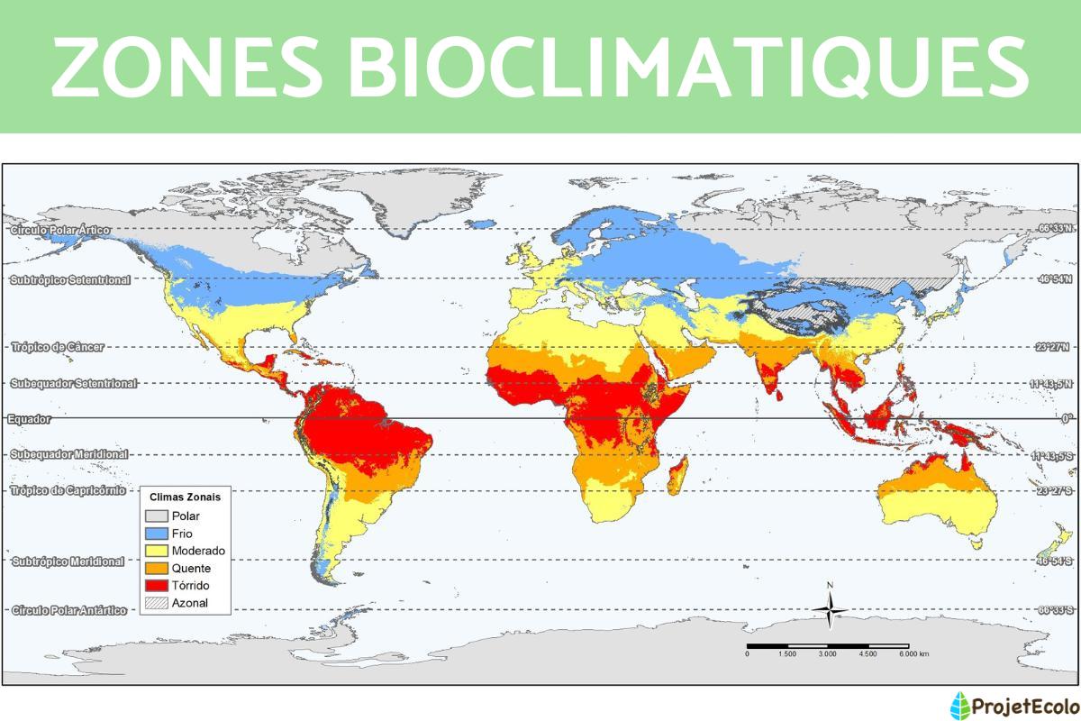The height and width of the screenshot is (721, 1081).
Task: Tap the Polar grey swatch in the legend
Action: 157,516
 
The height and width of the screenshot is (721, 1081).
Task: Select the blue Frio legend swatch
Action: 157,534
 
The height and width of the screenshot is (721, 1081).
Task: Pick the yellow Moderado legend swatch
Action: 157,551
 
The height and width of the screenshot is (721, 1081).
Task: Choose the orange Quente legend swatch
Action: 157,568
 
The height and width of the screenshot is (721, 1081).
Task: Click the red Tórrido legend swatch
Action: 157,585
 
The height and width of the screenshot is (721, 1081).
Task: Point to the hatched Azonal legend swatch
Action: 157,602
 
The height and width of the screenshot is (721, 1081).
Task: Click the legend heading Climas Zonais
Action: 185,497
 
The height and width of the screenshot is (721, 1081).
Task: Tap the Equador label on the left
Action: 30,419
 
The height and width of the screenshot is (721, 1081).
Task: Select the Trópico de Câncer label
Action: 58,346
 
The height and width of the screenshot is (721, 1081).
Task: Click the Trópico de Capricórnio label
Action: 68,490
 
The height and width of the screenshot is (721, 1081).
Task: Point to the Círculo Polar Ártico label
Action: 61,230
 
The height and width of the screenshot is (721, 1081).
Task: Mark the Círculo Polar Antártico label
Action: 69,610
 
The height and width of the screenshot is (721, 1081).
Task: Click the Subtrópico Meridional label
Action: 68,561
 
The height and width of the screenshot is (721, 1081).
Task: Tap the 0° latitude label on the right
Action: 1066,418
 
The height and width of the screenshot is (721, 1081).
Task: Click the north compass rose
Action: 830,610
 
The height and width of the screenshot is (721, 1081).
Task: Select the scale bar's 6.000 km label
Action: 913,653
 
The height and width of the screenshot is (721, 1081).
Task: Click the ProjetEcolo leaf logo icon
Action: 961,704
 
